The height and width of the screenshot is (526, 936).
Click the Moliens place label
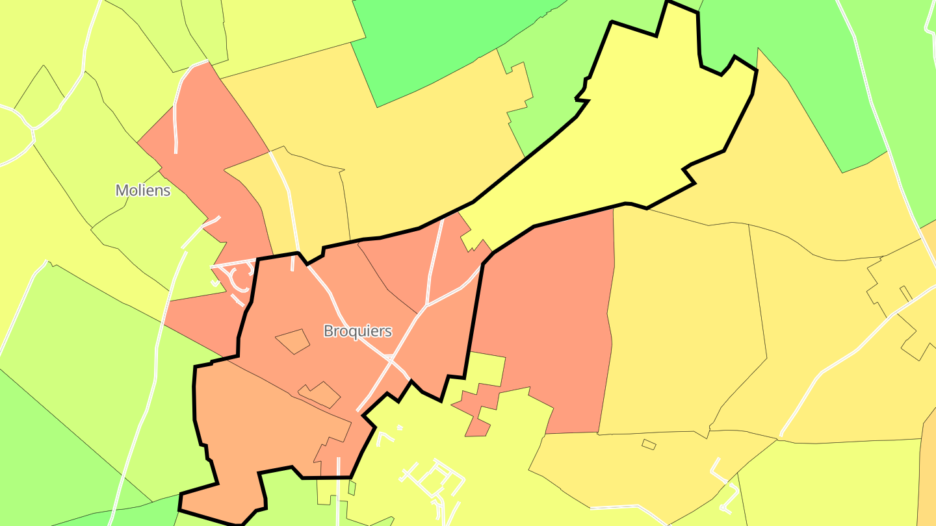(x=143, y=190)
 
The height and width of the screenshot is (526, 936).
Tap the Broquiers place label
(x=357, y=331)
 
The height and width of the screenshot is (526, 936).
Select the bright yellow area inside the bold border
(x=650, y=130)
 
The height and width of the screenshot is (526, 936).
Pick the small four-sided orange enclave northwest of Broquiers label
(x=292, y=341)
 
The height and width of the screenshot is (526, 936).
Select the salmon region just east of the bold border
(x=546, y=312)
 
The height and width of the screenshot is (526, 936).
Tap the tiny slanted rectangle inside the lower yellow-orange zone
(x=649, y=444)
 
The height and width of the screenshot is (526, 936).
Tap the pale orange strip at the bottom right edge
(x=928, y=468)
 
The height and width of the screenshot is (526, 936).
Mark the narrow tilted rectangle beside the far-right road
(x=905, y=293)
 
